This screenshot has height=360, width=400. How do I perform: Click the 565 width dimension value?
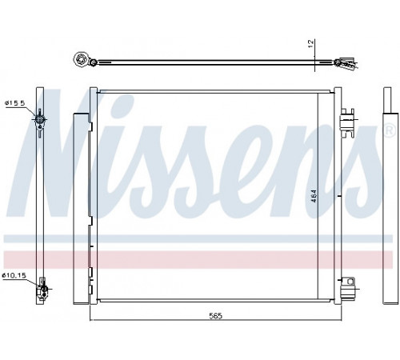[215, 316]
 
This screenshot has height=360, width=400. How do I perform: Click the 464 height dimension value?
[314, 196]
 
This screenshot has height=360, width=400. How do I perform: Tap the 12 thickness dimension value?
[311, 44]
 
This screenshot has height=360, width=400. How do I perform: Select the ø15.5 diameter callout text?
[14, 103]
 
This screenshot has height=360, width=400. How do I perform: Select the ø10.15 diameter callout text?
[14, 275]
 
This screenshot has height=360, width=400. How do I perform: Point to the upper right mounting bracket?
[346, 123]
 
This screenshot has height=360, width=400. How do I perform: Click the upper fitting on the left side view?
[39, 122]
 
